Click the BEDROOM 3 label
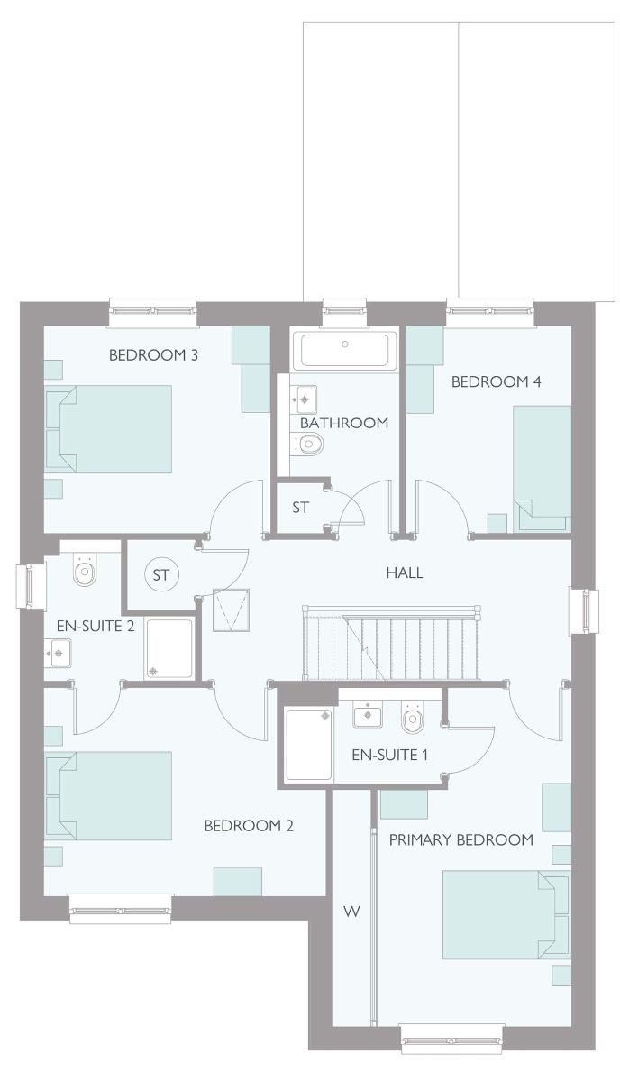153,355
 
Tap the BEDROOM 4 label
496,381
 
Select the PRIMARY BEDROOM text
461,840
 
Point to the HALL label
405,573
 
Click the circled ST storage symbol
161,575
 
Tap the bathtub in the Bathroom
345,350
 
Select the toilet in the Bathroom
306,443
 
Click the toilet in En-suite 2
85,569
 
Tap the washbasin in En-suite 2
58,653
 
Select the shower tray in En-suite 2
169,648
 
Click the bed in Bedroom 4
542,469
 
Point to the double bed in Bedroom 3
109,428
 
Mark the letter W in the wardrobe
351,912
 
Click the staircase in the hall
391,642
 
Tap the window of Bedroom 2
121,910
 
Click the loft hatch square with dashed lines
232,610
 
